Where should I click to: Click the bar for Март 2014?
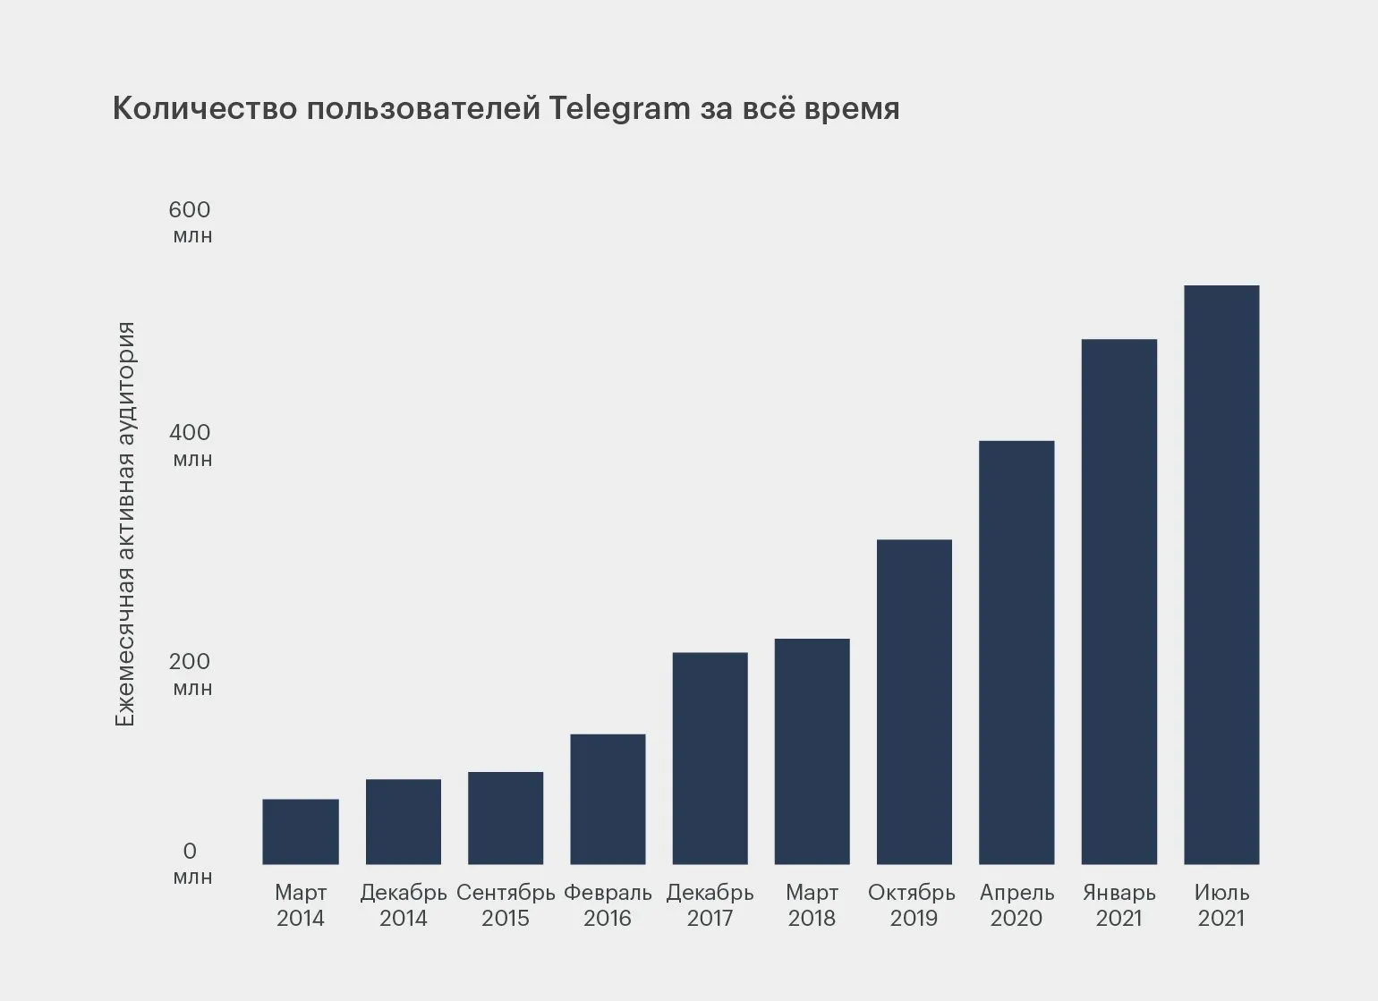[301, 831]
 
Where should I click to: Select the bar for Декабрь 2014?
[404, 821]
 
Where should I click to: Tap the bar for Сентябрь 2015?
[506, 818]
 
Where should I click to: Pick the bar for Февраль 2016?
[608, 799]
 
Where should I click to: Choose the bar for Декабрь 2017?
[710, 758]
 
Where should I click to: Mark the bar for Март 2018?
[812, 751]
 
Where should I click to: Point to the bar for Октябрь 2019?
[914, 701]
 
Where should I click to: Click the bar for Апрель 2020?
[1016, 652]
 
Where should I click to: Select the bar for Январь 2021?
[1119, 601]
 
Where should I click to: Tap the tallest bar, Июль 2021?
[1221, 574]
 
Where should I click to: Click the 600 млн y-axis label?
[191, 222]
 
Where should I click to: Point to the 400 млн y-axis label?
[191, 445]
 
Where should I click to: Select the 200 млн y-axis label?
[191, 674]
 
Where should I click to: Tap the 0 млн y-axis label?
[191, 862]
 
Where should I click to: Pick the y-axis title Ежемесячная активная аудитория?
[126, 524]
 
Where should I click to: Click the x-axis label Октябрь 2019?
[913, 905]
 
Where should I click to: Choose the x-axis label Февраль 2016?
[608, 905]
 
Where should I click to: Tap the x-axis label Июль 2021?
[1221, 905]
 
